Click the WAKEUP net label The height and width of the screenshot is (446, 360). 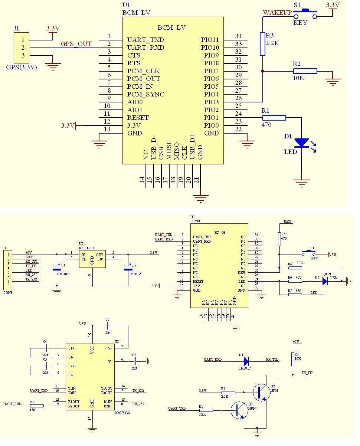[x=277, y=13]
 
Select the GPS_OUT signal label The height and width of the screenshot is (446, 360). [x=76, y=44]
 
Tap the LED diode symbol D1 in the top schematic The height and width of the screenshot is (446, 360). [x=301, y=142]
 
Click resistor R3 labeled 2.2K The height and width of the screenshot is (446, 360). [x=262, y=44]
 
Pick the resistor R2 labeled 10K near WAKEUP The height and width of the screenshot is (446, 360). [x=305, y=71]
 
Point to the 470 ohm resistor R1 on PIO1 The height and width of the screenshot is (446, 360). [x=274, y=118]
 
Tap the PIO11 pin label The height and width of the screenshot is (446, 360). [x=210, y=40]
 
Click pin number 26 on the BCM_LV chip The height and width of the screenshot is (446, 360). [x=238, y=98]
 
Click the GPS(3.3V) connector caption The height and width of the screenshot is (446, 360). [x=22, y=68]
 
